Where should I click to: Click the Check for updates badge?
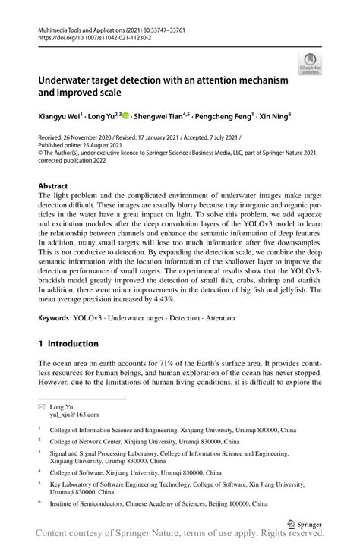click(x=310, y=65)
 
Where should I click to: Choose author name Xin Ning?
click(x=281, y=117)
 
